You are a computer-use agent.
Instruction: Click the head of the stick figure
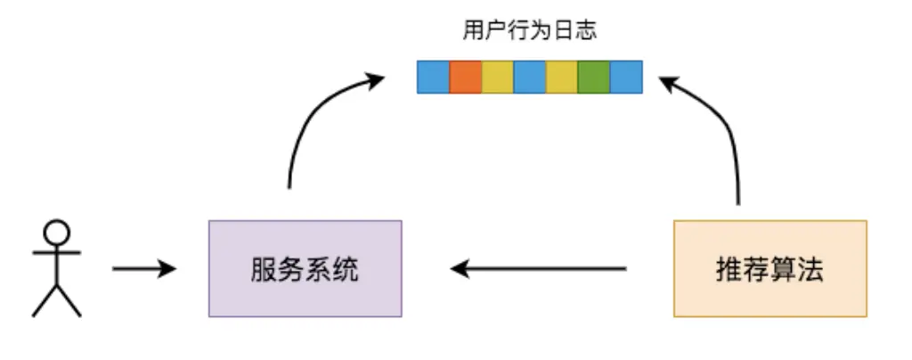click(56, 234)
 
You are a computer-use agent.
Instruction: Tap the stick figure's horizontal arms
click(56, 254)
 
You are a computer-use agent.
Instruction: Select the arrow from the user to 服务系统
click(142, 268)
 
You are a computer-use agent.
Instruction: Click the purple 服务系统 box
click(305, 268)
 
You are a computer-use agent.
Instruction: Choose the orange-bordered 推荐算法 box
click(769, 268)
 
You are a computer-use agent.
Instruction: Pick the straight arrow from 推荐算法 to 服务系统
click(539, 268)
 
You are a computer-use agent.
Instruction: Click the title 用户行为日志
click(530, 31)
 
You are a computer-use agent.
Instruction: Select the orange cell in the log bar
click(466, 77)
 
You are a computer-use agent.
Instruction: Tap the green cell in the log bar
click(593, 77)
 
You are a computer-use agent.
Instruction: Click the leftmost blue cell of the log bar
click(434, 77)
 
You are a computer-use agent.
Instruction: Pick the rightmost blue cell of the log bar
click(625, 77)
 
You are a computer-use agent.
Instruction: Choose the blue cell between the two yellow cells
click(529, 77)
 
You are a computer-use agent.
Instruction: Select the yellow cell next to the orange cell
click(497, 77)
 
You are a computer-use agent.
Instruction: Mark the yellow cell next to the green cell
click(561, 77)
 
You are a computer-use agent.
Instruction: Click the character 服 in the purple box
click(264, 269)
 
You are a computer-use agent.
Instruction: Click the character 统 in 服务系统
click(346, 269)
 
